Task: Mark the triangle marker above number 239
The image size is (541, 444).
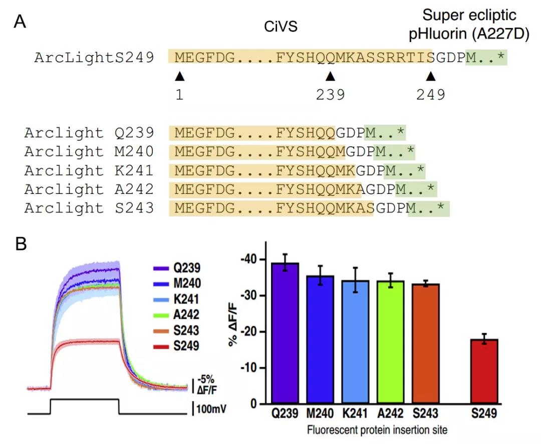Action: [330, 76]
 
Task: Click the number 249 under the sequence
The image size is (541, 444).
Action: [430, 94]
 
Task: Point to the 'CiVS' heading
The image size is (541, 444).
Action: [281, 27]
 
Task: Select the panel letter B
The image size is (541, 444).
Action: [21, 244]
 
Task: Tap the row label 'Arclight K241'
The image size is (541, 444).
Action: [89, 170]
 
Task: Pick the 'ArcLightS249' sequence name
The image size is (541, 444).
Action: [94, 58]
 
